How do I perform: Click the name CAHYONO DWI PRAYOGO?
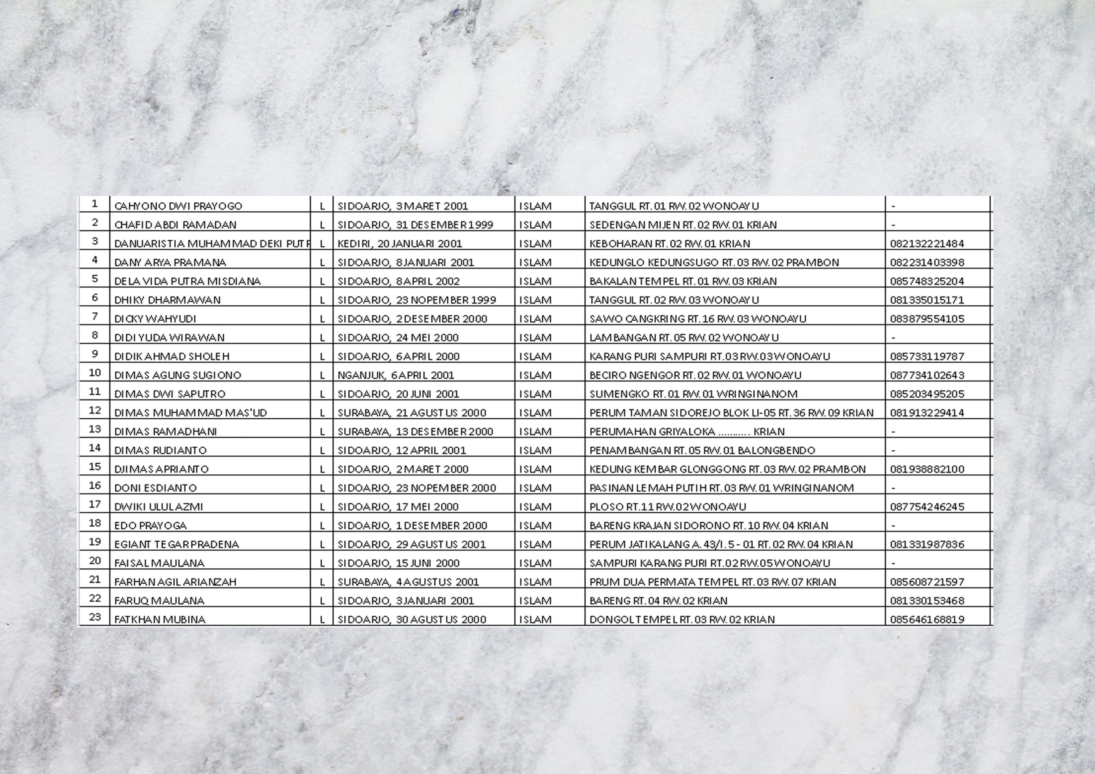pyautogui.click(x=178, y=206)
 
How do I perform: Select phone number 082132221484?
pyautogui.click(x=926, y=244)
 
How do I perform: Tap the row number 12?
pyautogui.click(x=95, y=410)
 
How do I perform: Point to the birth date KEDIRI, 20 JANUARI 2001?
pyautogui.click(x=400, y=244)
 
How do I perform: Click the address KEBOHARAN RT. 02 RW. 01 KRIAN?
pyautogui.click(x=669, y=244)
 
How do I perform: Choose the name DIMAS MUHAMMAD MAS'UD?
pyautogui.click(x=190, y=413)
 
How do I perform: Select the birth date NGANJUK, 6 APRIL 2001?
pyautogui.click(x=396, y=375)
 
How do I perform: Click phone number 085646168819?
pyautogui.click(x=926, y=620)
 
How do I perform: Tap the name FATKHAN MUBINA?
pyautogui.click(x=160, y=620)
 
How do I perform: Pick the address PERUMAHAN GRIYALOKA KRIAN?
pyautogui.click(x=687, y=431)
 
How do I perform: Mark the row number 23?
pyautogui.click(x=95, y=617)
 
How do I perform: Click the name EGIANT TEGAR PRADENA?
pyautogui.click(x=177, y=544)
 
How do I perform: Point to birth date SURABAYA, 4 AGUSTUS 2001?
pyautogui.click(x=408, y=582)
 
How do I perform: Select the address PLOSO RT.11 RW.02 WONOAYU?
pyautogui.click(x=668, y=506)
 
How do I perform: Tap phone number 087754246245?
pyautogui.click(x=926, y=506)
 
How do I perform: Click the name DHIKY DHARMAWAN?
pyautogui.click(x=167, y=300)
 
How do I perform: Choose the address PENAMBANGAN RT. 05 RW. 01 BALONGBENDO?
pyautogui.click(x=702, y=450)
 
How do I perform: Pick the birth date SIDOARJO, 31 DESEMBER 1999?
pyautogui.click(x=415, y=225)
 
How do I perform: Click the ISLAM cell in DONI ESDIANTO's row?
pyautogui.click(x=535, y=488)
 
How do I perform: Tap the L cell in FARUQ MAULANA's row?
pyautogui.click(x=322, y=601)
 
